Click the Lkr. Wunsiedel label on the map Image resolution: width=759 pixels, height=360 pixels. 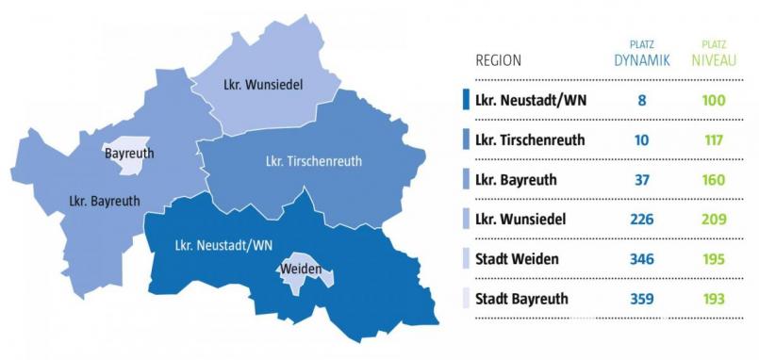pos(263,86)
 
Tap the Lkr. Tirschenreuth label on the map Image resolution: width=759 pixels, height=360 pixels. pos(314,161)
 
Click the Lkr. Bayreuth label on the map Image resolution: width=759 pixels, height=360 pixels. pos(105,201)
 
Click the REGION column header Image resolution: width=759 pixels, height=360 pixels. pos(498,60)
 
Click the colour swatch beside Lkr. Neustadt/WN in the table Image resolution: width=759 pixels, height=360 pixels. pos(466,100)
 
